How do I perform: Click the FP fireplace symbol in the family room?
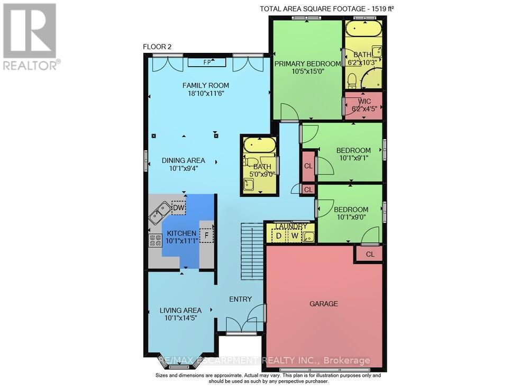[207, 62]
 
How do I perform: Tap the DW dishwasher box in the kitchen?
[178, 208]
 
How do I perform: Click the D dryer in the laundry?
[278, 235]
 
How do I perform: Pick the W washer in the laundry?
[294, 235]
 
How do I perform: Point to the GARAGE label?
[324, 304]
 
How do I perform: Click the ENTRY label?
[240, 299]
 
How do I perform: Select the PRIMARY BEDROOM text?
[307, 64]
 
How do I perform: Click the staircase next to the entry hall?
[251, 251]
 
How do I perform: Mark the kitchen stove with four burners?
[156, 241]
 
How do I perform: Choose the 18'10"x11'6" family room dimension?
[206, 94]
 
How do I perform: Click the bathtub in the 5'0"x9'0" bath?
[259, 144]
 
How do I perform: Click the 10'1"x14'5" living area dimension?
[180, 318]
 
